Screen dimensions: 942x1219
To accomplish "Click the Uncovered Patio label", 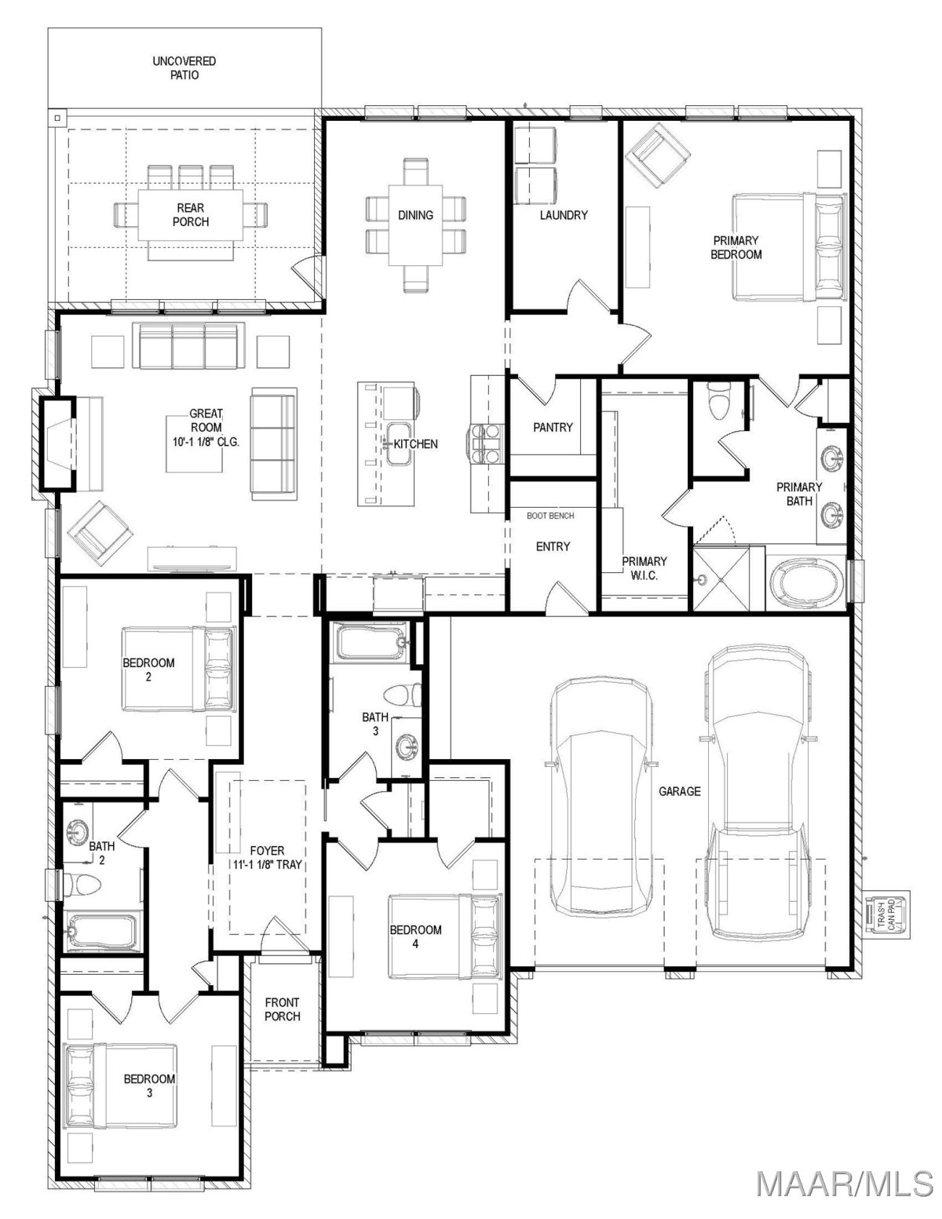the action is (x=184, y=68).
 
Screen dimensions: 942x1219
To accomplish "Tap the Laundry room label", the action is (x=564, y=215).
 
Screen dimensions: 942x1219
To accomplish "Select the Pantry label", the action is (x=553, y=428).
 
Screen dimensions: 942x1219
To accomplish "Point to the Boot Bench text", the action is (x=549, y=516).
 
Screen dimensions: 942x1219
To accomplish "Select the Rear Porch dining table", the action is (x=191, y=216).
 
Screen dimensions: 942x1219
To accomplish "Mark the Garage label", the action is (x=680, y=791).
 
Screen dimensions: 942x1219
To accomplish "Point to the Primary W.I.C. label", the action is (x=644, y=568).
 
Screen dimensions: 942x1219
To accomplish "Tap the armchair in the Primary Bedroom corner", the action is (x=658, y=156).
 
